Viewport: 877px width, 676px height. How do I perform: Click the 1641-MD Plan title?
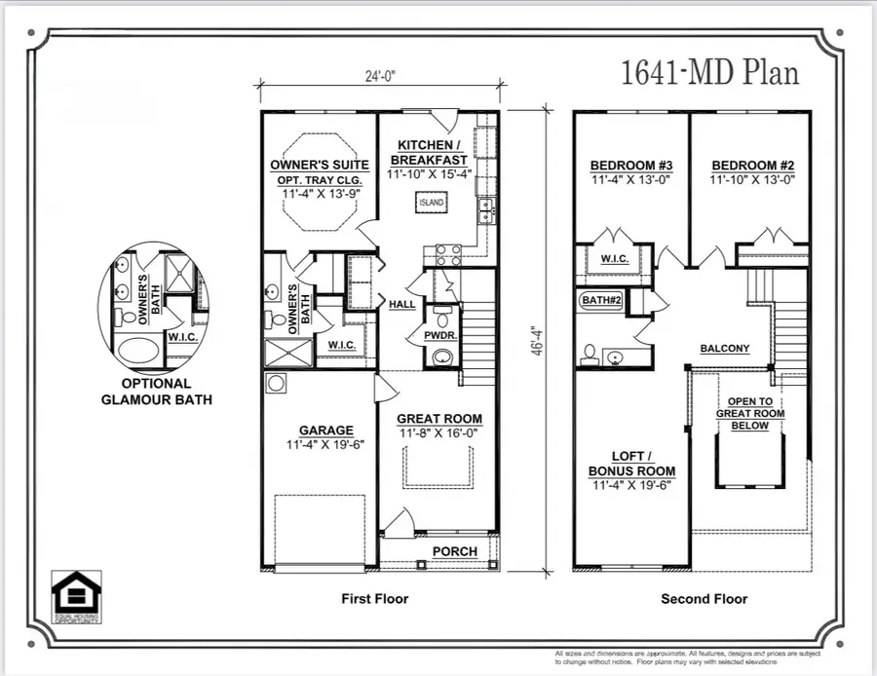tap(709, 73)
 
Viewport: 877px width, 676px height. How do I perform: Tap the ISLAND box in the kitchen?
tap(432, 203)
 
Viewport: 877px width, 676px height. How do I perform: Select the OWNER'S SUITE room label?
tap(320, 165)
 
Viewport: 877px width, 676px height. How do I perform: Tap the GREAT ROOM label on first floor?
tap(439, 419)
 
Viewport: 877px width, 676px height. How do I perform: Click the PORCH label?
tap(455, 551)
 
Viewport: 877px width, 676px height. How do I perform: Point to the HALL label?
tap(402, 305)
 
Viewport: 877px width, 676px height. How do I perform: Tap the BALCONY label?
tap(725, 349)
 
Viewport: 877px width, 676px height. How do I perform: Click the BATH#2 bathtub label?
tap(601, 301)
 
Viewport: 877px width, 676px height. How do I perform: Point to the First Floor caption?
tap(375, 598)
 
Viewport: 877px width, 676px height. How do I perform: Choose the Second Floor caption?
tap(705, 598)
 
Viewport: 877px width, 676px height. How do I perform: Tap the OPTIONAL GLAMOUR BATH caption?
tap(156, 392)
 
